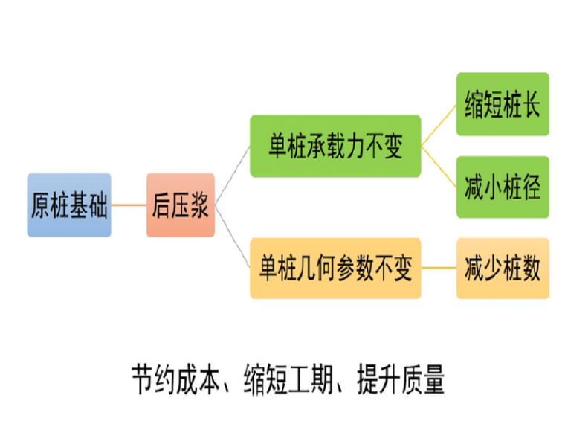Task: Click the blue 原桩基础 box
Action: [69, 205]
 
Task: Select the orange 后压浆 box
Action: [181, 205]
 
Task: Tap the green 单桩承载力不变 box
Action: [335, 147]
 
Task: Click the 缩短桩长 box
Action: [503, 104]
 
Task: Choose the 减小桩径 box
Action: [503, 187]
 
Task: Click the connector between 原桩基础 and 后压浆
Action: [129, 205]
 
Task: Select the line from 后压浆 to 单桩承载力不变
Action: [232, 175]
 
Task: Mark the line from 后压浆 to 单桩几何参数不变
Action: [232, 238]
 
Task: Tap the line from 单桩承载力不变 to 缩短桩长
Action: [439, 125]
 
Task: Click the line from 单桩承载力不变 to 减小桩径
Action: [439, 167]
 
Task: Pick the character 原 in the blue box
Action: [41, 205]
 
